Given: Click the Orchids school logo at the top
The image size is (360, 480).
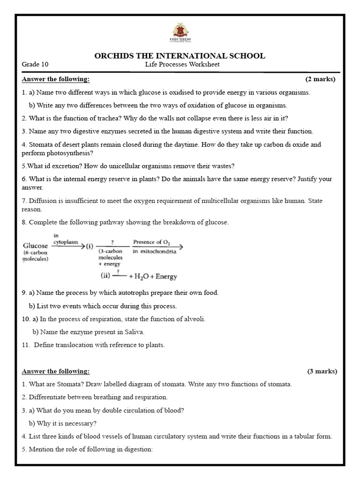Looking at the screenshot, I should [x=180, y=33].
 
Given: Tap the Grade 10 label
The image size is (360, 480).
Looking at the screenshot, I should [x=35, y=65].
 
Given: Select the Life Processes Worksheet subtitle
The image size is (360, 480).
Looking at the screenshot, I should [x=182, y=65].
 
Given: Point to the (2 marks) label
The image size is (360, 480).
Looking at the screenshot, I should [x=320, y=79].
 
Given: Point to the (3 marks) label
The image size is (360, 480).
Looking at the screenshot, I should [x=322, y=371].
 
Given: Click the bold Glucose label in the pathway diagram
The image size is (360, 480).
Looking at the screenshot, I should [x=35, y=246].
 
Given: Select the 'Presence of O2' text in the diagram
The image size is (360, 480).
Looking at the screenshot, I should [x=151, y=242].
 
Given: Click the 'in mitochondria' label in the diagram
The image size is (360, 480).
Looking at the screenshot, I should [x=155, y=252].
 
